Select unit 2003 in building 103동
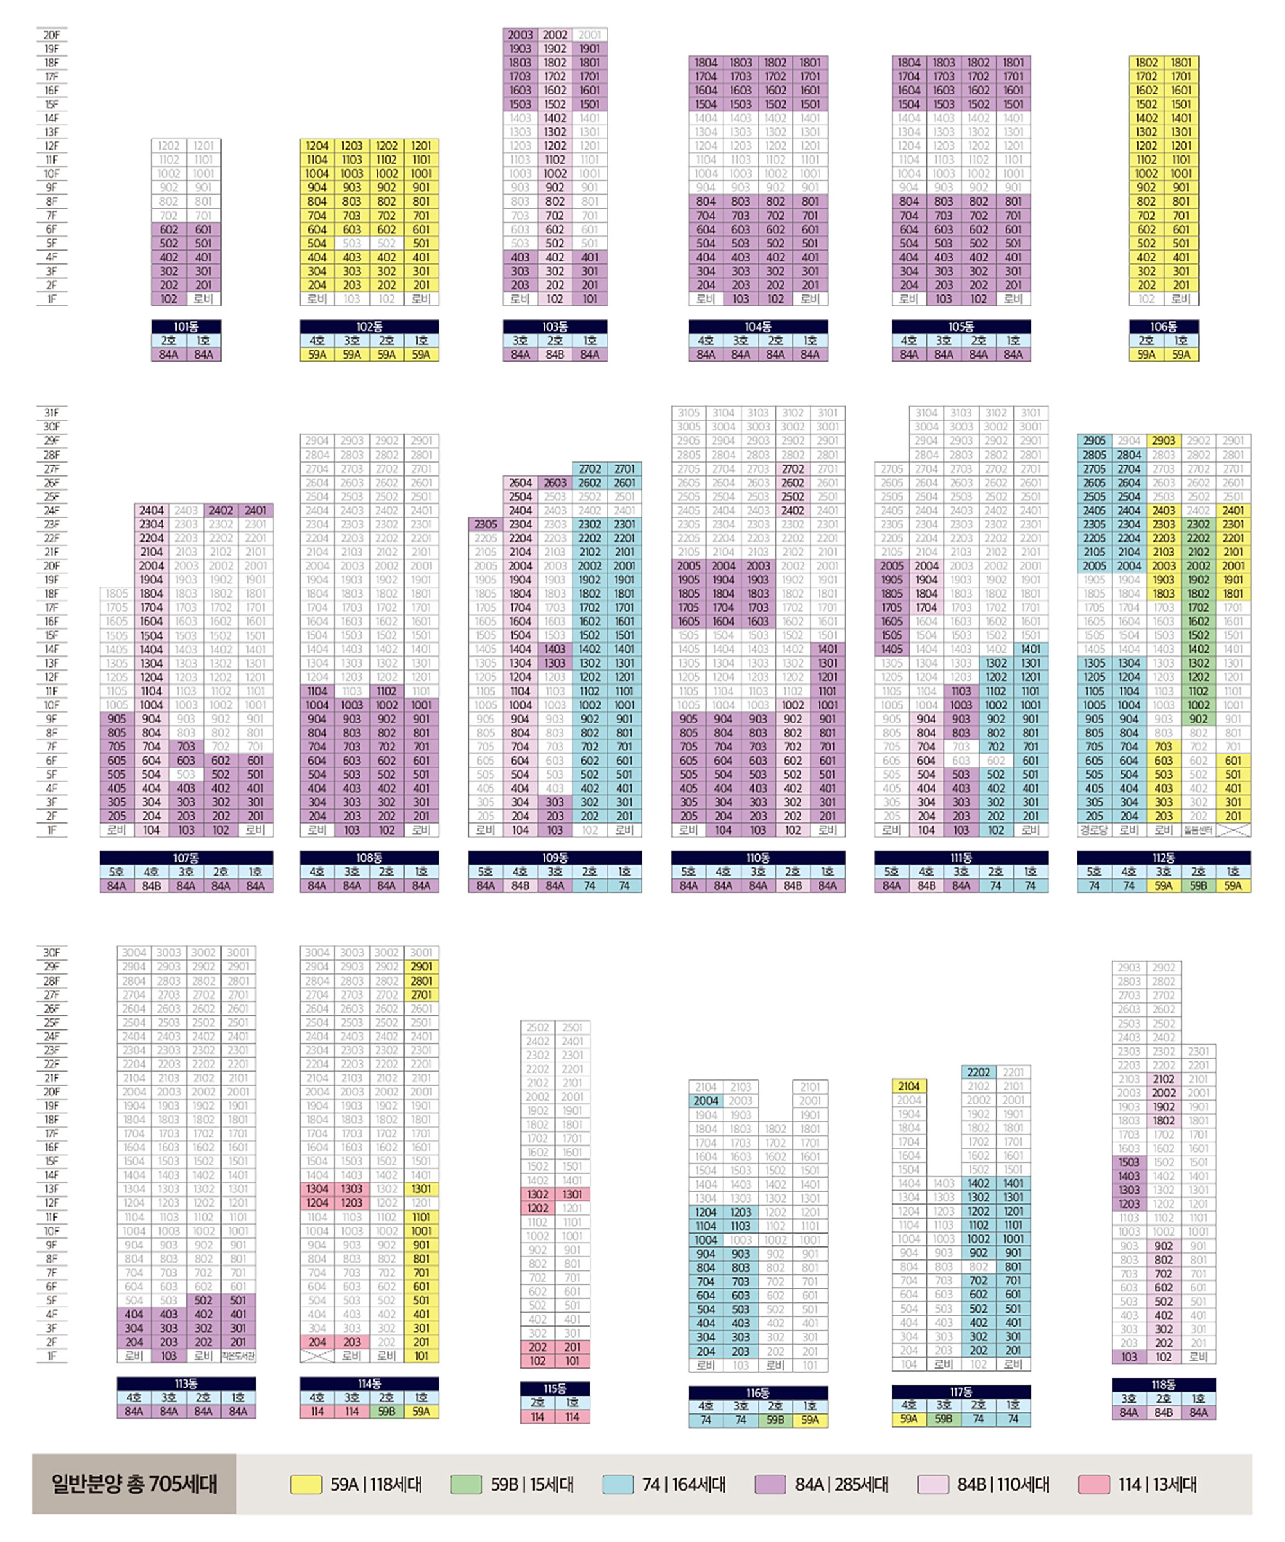(520, 35)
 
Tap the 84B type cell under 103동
(555, 355)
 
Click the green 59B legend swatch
(466, 1484)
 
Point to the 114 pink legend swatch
(1094, 1484)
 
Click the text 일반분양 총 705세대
(134, 1484)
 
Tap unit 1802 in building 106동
(1146, 62)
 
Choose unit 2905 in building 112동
(1094, 441)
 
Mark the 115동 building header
(555, 1388)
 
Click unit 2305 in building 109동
(485, 524)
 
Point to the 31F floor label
(51, 412)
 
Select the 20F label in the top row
(51, 35)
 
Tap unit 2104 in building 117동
(909, 1086)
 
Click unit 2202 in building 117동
(978, 1072)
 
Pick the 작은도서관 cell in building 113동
(238, 1356)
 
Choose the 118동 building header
(1163, 1385)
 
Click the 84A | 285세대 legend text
(842, 1484)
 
